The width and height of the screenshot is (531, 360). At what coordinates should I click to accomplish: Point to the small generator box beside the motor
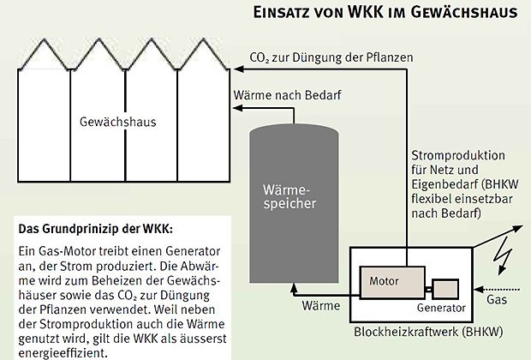click(x=446, y=289)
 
